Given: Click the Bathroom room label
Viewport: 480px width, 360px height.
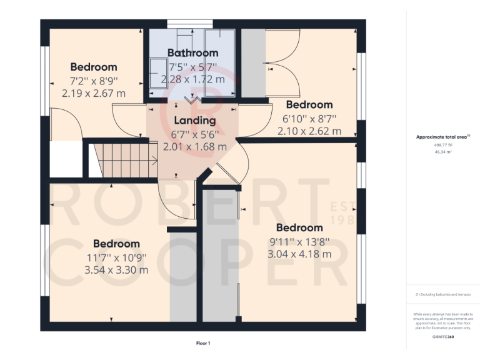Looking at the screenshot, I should [192, 53].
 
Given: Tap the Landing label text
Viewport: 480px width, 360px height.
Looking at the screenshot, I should [194, 121].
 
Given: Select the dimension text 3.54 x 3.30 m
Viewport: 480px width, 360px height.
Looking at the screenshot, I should [117, 270].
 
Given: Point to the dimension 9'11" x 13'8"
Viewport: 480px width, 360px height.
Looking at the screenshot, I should [299, 241].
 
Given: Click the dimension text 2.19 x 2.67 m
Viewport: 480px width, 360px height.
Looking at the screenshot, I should [94, 93].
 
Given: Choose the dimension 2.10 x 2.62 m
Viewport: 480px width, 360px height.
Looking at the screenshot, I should [309, 131].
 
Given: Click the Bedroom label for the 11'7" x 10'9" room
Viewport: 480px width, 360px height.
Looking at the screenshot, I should [117, 244].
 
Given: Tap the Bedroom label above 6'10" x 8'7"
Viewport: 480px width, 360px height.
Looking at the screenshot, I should [309, 104].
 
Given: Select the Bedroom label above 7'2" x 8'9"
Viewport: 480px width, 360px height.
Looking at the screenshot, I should [94, 67].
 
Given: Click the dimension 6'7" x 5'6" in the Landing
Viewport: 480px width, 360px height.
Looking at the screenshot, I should [194, 134].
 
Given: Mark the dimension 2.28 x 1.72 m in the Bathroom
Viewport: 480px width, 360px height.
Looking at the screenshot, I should [192, 79].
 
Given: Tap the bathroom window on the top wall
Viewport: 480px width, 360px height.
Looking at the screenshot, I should [188, 24].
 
